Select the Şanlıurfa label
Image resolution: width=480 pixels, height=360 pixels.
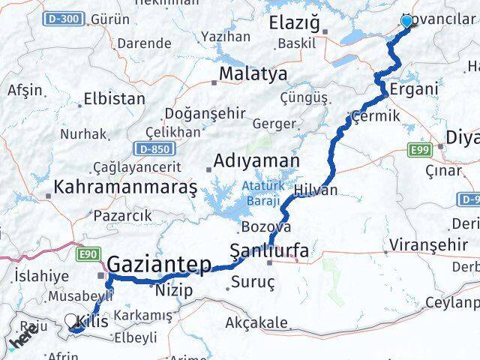(x=268, y=251)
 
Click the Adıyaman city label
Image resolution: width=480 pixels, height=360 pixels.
(x=256, y=160)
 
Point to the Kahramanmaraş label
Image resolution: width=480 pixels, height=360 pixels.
(x=124, y=185)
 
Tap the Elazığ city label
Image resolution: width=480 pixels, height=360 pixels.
(x=294, y=24)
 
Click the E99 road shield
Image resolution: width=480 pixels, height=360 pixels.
(x=419, y=151)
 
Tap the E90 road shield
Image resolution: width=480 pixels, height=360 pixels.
(x=88, y=255)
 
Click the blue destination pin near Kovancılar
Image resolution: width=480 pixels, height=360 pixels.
(x=406, y=21)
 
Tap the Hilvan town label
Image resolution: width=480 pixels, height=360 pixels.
(x=316, y=190)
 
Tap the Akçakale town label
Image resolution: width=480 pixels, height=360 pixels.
(x=256, y=323)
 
